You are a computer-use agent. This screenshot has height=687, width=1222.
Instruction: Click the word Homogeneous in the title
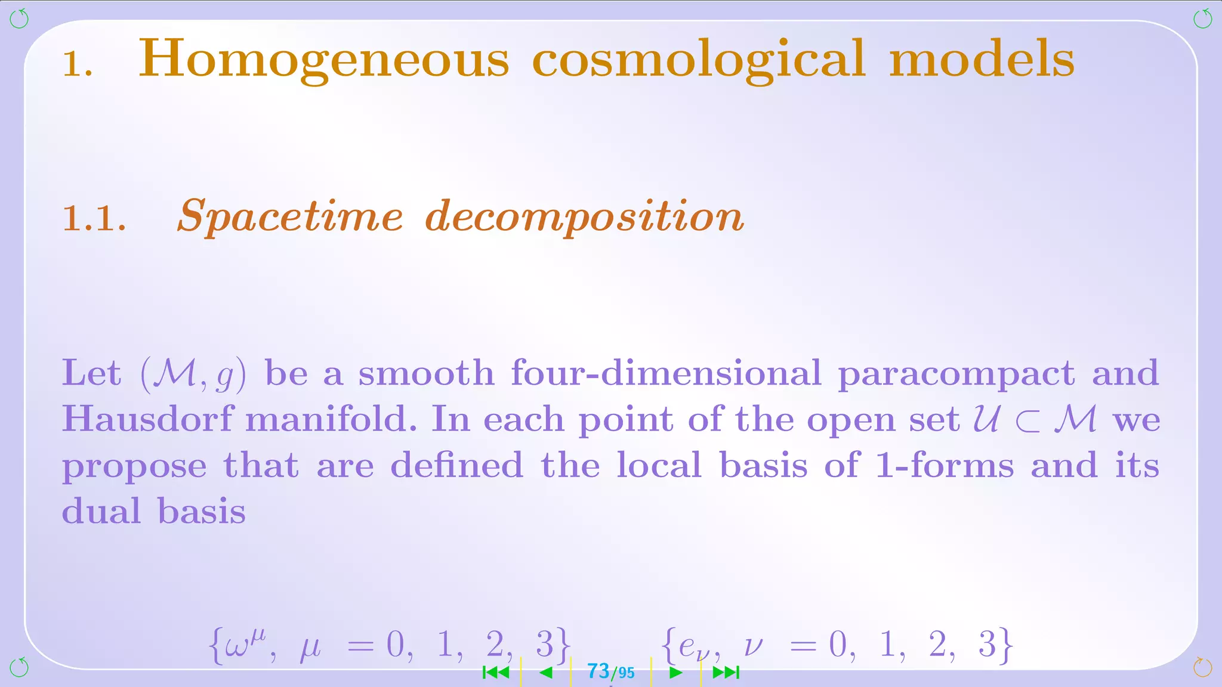point(323,60)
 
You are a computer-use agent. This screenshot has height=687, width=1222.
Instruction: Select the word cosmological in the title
point(698,60)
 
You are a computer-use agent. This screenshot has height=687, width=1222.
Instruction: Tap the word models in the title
point(982,60)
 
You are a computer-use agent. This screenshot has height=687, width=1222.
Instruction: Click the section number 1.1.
point(94,218)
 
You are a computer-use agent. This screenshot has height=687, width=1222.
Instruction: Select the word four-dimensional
point(666,373)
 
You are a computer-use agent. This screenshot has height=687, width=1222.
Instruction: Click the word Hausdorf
point(147,419)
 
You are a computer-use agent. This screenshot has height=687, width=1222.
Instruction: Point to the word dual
point(101,511)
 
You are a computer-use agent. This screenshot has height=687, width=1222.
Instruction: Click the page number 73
point(598,671)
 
